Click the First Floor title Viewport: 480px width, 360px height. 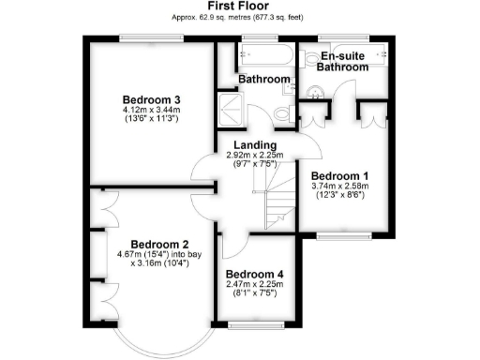(x=239, y=7)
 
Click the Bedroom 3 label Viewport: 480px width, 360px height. (x=151, y=100)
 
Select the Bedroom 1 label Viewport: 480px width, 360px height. (x=339, y=175)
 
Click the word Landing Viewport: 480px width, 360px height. (x=254, y=145)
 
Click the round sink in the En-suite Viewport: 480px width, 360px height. (x=318, y=91)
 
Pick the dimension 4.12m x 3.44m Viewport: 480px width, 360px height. (x=151, y=112)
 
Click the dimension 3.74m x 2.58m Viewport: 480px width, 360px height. (x=339, y=187)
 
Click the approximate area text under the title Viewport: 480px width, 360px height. (x=239, y=18)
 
